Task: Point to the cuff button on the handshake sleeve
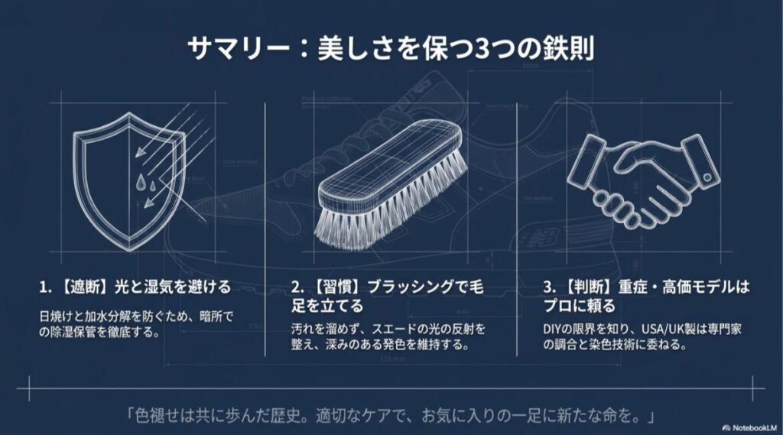[x=707, y=177]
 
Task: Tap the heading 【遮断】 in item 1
[x=82, y=287]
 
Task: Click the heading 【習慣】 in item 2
[x=335, y=287]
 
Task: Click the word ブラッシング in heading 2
[x=418, y=287]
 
